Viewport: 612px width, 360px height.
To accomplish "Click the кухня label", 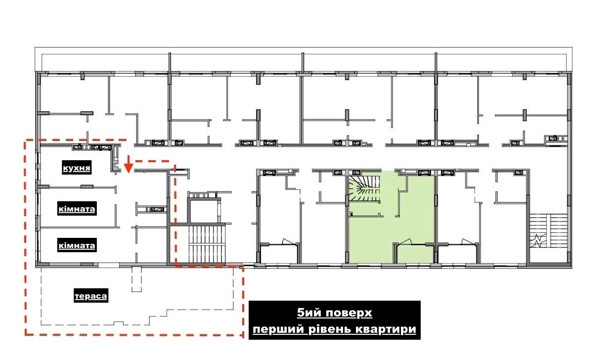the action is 77,168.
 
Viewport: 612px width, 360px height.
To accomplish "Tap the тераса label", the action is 91,296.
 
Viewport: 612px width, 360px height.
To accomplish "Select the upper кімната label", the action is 77,209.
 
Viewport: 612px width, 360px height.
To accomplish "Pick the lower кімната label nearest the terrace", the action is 77,245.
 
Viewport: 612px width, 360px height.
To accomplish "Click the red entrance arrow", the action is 129,164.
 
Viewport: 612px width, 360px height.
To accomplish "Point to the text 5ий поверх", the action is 334,313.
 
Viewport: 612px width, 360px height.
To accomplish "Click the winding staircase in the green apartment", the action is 364,188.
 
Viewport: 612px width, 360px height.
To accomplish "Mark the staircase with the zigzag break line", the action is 549,231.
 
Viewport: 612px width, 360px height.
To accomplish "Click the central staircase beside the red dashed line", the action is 207,244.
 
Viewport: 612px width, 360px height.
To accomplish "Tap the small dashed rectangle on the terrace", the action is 136,279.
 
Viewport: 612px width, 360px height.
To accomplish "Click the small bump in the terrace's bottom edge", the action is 118,323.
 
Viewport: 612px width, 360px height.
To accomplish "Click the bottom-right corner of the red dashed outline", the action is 243,335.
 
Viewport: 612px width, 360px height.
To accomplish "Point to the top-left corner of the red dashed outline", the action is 25,141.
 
